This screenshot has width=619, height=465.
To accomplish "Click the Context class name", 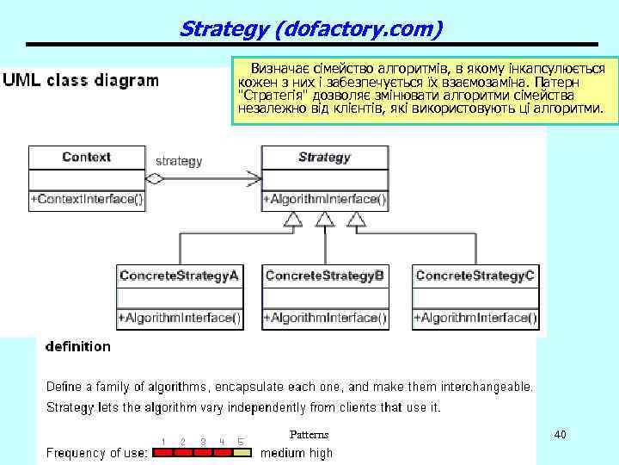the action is click(x=87, y=158).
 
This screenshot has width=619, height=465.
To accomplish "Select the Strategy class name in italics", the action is click(x=324, y=158).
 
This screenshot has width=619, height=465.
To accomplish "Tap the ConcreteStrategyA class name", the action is click(x=179, y=276).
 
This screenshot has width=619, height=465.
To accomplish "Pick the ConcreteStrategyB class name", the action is click(x=325, y=276).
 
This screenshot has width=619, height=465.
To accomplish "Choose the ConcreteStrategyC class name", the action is click(x=475, y=276).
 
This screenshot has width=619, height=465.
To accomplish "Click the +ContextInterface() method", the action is click(x=87, y=200).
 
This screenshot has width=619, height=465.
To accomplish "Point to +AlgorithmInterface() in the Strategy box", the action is click(x=324, y=200).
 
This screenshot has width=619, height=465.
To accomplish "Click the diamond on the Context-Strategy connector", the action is click(x=155, y=179).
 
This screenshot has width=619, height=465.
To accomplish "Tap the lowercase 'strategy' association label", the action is click(x=179, y=160).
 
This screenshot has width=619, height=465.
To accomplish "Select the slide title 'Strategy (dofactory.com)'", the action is click(x=311, y=29).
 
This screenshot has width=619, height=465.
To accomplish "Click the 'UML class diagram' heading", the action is click(x=81, y=81).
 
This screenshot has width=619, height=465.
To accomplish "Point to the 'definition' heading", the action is click(x=77, y=347).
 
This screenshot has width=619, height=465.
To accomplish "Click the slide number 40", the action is click(x=560, y=435).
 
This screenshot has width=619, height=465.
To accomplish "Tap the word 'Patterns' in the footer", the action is click(x=309, y=435).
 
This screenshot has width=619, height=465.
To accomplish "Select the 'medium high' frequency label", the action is click(x=297, y=453).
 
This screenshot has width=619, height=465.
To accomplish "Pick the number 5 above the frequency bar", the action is click(x=241, y=442).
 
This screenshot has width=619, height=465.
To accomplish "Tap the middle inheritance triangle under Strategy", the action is click(x=324, y=220).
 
